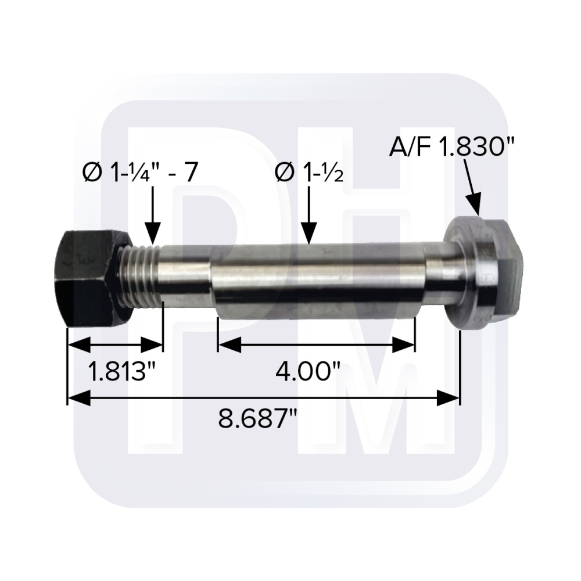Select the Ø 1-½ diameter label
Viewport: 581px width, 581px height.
pos(310,173)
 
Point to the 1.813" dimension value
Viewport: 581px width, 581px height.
pos(121,371)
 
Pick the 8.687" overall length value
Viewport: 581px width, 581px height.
pos(258,419)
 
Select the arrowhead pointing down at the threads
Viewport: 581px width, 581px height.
pos(153,234)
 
